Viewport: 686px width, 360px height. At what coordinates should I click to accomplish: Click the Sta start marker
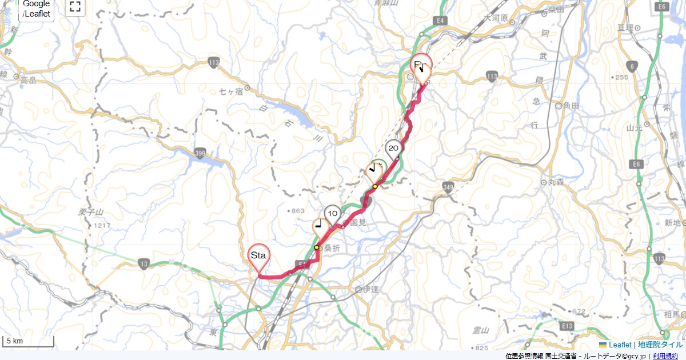(258, 257)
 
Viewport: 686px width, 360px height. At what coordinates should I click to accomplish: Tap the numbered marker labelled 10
(332, 214)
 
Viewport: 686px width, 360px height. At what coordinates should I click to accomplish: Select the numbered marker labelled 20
(393, 148)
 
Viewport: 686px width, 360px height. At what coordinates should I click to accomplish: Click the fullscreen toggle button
(75, 7)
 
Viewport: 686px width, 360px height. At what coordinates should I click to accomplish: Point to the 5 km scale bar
(28, 342)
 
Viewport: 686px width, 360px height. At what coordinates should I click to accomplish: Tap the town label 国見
(357, 222)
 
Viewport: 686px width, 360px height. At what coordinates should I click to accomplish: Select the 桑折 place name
(332, 249)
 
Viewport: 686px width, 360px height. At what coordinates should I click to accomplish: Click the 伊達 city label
(371, 289)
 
